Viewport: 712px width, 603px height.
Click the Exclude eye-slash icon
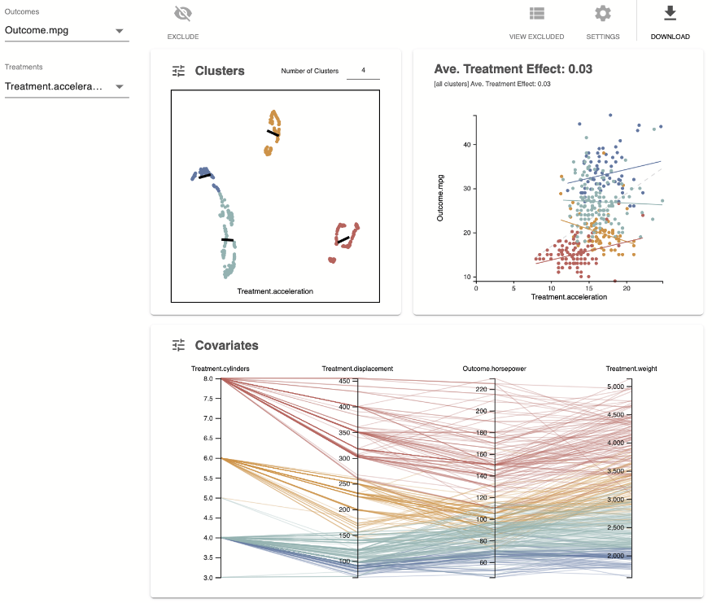click(183, 14)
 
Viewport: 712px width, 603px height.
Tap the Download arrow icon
click(670, 14)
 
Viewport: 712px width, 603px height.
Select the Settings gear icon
click(602, 14)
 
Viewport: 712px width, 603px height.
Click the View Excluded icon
click(536, 14)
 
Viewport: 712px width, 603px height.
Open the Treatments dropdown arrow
click(119, 86)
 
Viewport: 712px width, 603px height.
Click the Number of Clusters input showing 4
click(363, 71)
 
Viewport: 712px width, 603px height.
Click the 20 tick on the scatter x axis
click(626, 287)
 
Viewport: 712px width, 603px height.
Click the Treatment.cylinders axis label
click(221, 369)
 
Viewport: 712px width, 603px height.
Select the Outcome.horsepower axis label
click(495, 369)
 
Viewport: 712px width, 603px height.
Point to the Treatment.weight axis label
click(631, 369)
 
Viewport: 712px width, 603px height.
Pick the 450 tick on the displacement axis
click(343, 381)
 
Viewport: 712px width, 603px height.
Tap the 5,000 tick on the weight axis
click(616, 386)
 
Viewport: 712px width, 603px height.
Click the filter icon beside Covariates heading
click(179, 345)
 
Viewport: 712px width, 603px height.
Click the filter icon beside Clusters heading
click(179, 71)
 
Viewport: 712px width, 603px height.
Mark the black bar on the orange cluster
click(273, 133)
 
